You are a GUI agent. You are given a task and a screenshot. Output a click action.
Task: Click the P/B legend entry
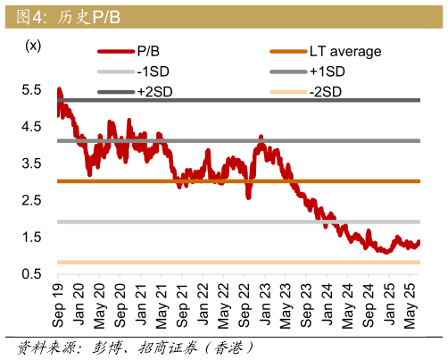click(x=148, y=52)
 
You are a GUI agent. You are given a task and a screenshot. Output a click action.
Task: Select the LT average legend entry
click(x=344, y=52)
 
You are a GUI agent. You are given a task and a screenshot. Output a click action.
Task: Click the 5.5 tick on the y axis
click(x=33, y=89)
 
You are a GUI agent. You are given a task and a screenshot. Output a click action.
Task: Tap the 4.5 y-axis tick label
click(x=33, y=126)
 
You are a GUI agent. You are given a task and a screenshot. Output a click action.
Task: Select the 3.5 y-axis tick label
click(x=33, y=163)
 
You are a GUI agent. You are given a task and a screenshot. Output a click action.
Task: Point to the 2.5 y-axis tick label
click(x=33, y=199)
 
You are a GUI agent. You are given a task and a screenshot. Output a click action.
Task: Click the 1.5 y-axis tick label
click(x=33, y=237)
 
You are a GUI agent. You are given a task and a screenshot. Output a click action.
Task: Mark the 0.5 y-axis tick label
click(x=33, y=273)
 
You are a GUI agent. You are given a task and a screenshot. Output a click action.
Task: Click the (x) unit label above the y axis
click(x=33, y=46)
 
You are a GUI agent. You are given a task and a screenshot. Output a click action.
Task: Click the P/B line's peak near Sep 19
click(x=59, y=89)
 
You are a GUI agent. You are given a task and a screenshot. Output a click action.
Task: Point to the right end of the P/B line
click(x=419, y=242)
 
